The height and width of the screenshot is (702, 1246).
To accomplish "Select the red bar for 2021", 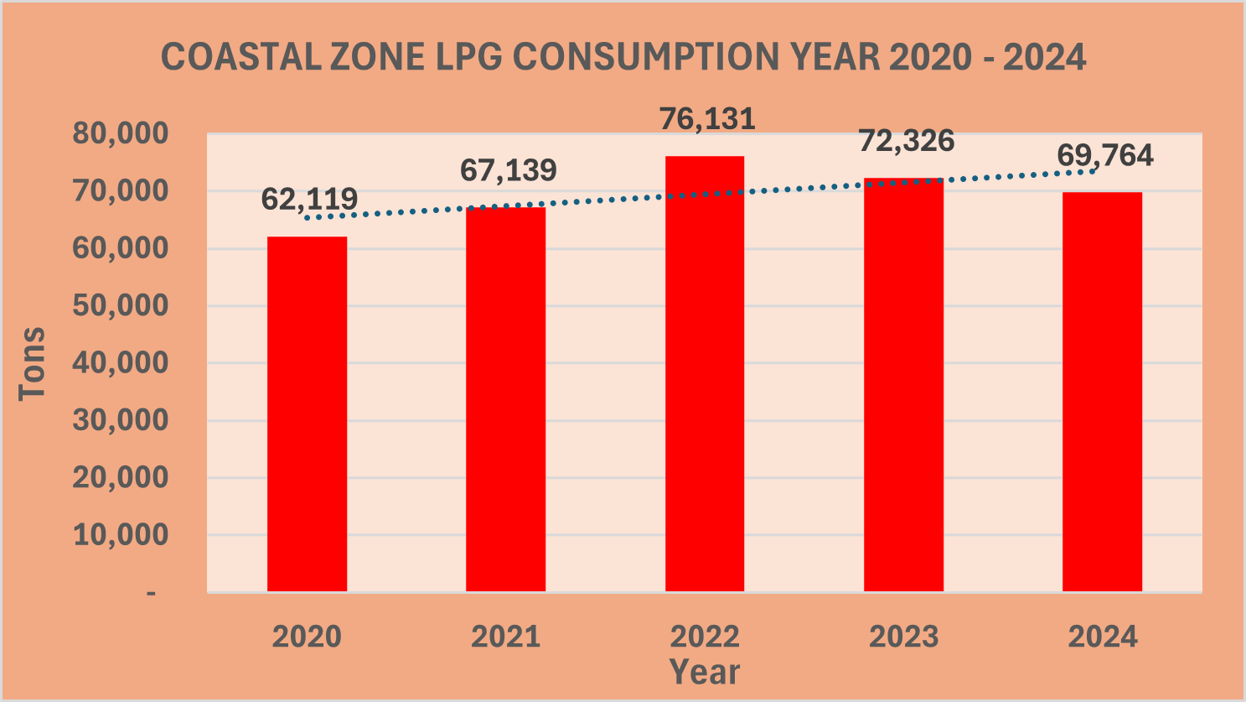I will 505,399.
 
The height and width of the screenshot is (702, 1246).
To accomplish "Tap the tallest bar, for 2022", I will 705,373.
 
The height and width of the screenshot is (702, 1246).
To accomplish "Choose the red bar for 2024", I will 1102,392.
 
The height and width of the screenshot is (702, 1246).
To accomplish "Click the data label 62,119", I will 309,199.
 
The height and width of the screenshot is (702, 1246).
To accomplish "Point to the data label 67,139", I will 508,170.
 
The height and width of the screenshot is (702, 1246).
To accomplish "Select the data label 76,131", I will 707,119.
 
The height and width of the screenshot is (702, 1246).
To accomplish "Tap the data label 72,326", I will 906,141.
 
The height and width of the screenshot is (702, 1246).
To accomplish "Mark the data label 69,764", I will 1104,155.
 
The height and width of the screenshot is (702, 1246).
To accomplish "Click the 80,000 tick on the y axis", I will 121,133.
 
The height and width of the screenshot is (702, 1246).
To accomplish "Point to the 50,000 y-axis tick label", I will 121,305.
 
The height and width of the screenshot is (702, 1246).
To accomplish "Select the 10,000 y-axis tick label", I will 121,534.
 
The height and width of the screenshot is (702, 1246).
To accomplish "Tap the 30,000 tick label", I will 121,420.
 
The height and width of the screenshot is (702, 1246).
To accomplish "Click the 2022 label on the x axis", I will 705,637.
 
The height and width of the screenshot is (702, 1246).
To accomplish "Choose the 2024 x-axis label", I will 1103,637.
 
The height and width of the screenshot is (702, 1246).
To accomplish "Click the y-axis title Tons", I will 32,363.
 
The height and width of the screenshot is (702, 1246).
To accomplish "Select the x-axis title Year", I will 705,672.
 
